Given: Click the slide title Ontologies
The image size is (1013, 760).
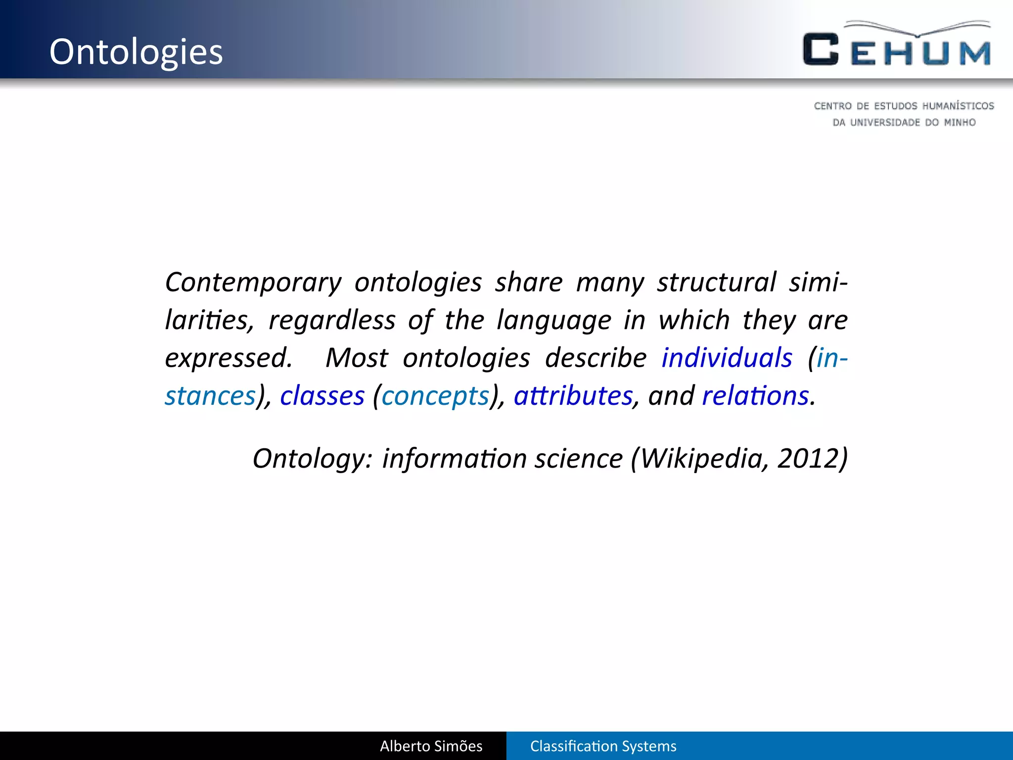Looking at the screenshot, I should (136, 52).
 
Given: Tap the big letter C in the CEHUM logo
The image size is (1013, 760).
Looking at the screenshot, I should (821, 49).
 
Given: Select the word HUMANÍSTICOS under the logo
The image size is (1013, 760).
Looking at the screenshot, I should (958, 106).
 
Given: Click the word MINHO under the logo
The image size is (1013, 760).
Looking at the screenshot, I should (960, 122).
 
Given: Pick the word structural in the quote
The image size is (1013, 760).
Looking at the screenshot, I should (717, 283).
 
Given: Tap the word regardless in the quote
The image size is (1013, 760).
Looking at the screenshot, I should (331, 320).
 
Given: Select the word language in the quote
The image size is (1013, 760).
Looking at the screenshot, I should (554, 320).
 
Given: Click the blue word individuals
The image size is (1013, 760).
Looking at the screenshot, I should (727, 358).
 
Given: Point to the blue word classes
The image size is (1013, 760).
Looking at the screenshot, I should (322, 396).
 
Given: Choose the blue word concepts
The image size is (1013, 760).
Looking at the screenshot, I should (435, 396).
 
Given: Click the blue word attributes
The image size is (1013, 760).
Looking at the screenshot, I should (573, 396).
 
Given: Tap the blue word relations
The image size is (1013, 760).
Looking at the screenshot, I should (755, 396).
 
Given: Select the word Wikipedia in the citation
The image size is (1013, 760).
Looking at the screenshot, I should (704, 458).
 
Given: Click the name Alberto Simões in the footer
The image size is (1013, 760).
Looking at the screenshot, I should (431, 746).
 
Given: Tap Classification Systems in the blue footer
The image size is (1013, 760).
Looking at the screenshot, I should (603, 746).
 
